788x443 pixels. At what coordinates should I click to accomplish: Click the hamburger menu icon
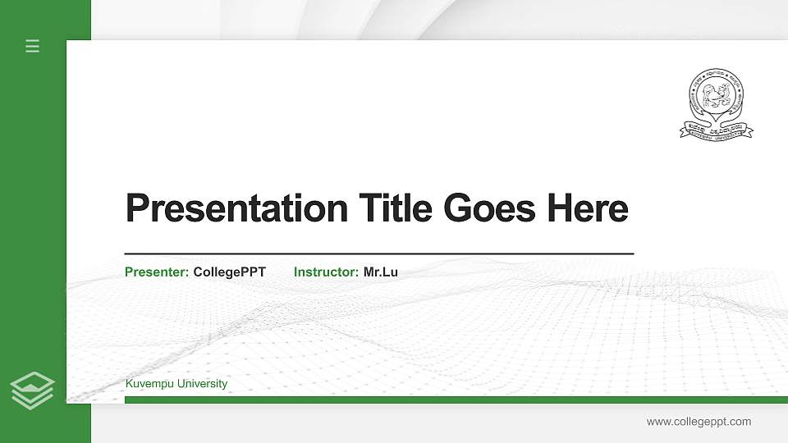click(x=32, y=46)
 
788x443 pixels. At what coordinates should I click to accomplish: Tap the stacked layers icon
click(x=32, y=390)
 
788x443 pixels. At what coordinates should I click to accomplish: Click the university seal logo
click(x=715, y=103)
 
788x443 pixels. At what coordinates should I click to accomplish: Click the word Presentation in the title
click(x=236, y=208)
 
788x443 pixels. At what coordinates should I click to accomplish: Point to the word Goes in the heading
click(x=486, y=208)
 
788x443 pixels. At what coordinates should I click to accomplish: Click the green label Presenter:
click(x=157, y=272)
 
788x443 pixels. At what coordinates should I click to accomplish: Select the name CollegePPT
click(x=230, y=272)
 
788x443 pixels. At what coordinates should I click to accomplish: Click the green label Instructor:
click(x=326, y=272)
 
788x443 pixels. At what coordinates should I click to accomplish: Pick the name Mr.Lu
click(x=381, y=272)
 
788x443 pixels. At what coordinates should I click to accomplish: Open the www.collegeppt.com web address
click(x=699, y=422)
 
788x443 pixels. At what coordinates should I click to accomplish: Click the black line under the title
click(x=378, y=254)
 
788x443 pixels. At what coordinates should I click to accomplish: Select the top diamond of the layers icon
click(x=32, y=381)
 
